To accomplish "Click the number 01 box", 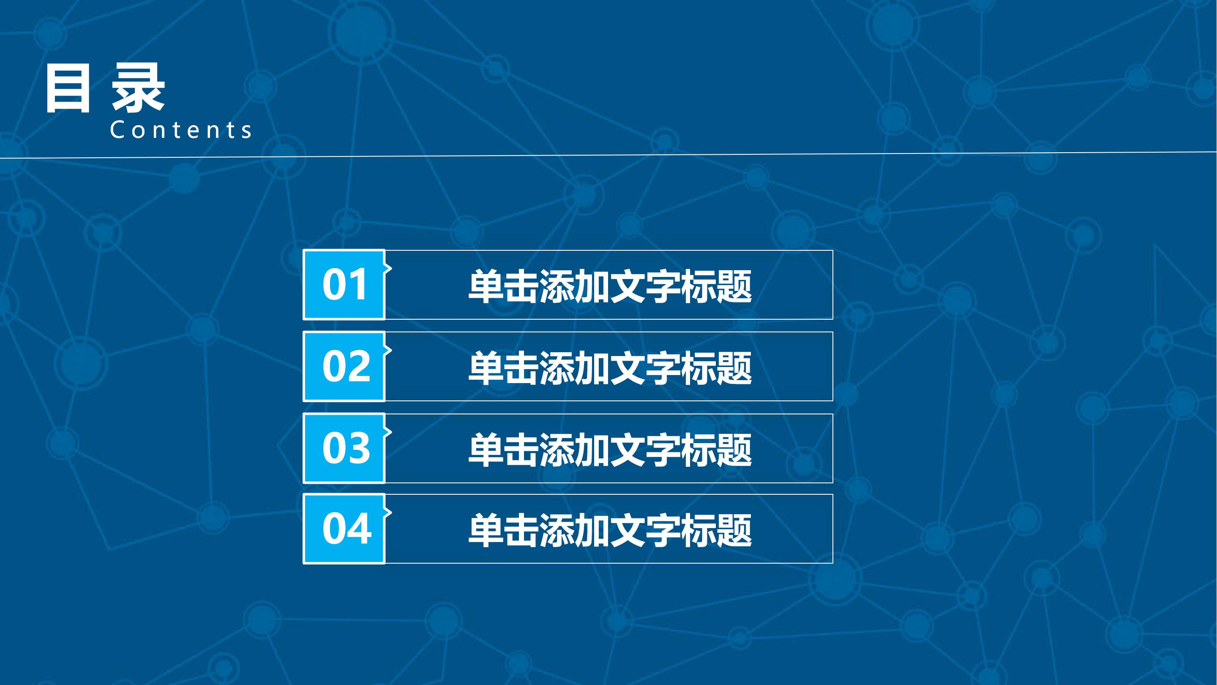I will [x=344, y=285].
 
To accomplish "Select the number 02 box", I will [x=344, y=366].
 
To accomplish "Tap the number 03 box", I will [x=344, y=448].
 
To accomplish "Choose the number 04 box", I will [x=344, y=529].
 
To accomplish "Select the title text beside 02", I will [x=609, y=368].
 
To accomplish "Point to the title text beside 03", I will [x=609, y=449].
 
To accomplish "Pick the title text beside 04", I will [x=609, y=530].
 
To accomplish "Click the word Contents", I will [x=181, y=130].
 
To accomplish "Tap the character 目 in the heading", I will [x=67, y=88].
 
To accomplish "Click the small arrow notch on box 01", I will [x=388, y=269].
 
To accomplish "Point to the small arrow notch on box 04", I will [x=388, y=512].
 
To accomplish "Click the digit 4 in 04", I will [x=360, y=529].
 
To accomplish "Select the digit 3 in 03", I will [x=359, y=448].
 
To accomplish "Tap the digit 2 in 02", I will [x=359, y=366].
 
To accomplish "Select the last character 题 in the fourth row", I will [x=734, y=530].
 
